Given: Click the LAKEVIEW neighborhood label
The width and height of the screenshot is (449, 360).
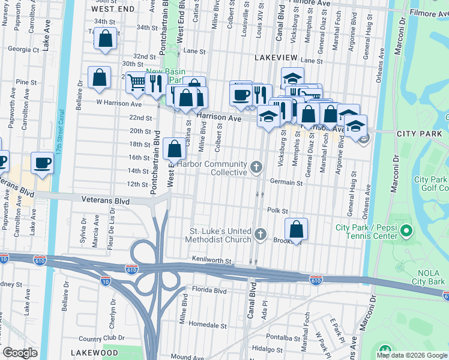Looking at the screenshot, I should pos(277,56).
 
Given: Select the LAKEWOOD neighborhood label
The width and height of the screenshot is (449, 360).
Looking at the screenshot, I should pos(94,352).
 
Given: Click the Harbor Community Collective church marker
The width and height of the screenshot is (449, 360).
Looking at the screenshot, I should pos(257,167).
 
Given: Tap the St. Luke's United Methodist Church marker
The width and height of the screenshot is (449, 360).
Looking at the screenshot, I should pos(260,234).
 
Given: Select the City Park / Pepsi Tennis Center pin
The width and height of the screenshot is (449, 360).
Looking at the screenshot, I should pos(406,230).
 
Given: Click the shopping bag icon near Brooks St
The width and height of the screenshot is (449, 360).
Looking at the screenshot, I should pos(296,229).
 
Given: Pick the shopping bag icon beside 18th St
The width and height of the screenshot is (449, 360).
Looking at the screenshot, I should pos(174,149).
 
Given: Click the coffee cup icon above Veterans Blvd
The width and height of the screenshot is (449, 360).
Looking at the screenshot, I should pos(42,163).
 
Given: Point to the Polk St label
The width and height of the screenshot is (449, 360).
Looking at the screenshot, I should pos(278,211).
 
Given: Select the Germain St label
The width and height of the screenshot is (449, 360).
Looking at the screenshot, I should pos(285,182).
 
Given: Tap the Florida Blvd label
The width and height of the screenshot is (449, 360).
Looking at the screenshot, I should pos(209,290).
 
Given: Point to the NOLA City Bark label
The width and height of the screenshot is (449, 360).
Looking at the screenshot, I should pos(429,278).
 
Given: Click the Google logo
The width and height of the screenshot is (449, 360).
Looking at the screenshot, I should pos(20,352).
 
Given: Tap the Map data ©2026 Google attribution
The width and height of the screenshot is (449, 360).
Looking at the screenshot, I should pos(411,355).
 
